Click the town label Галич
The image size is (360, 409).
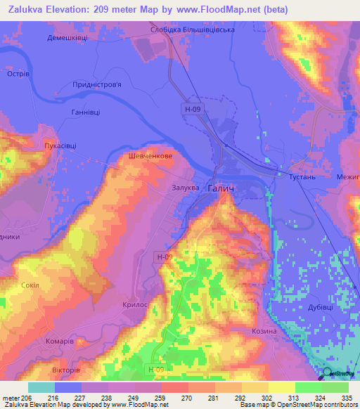pos(221,188)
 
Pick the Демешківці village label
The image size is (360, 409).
pos(67,38)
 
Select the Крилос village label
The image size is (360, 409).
pos(155,304)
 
